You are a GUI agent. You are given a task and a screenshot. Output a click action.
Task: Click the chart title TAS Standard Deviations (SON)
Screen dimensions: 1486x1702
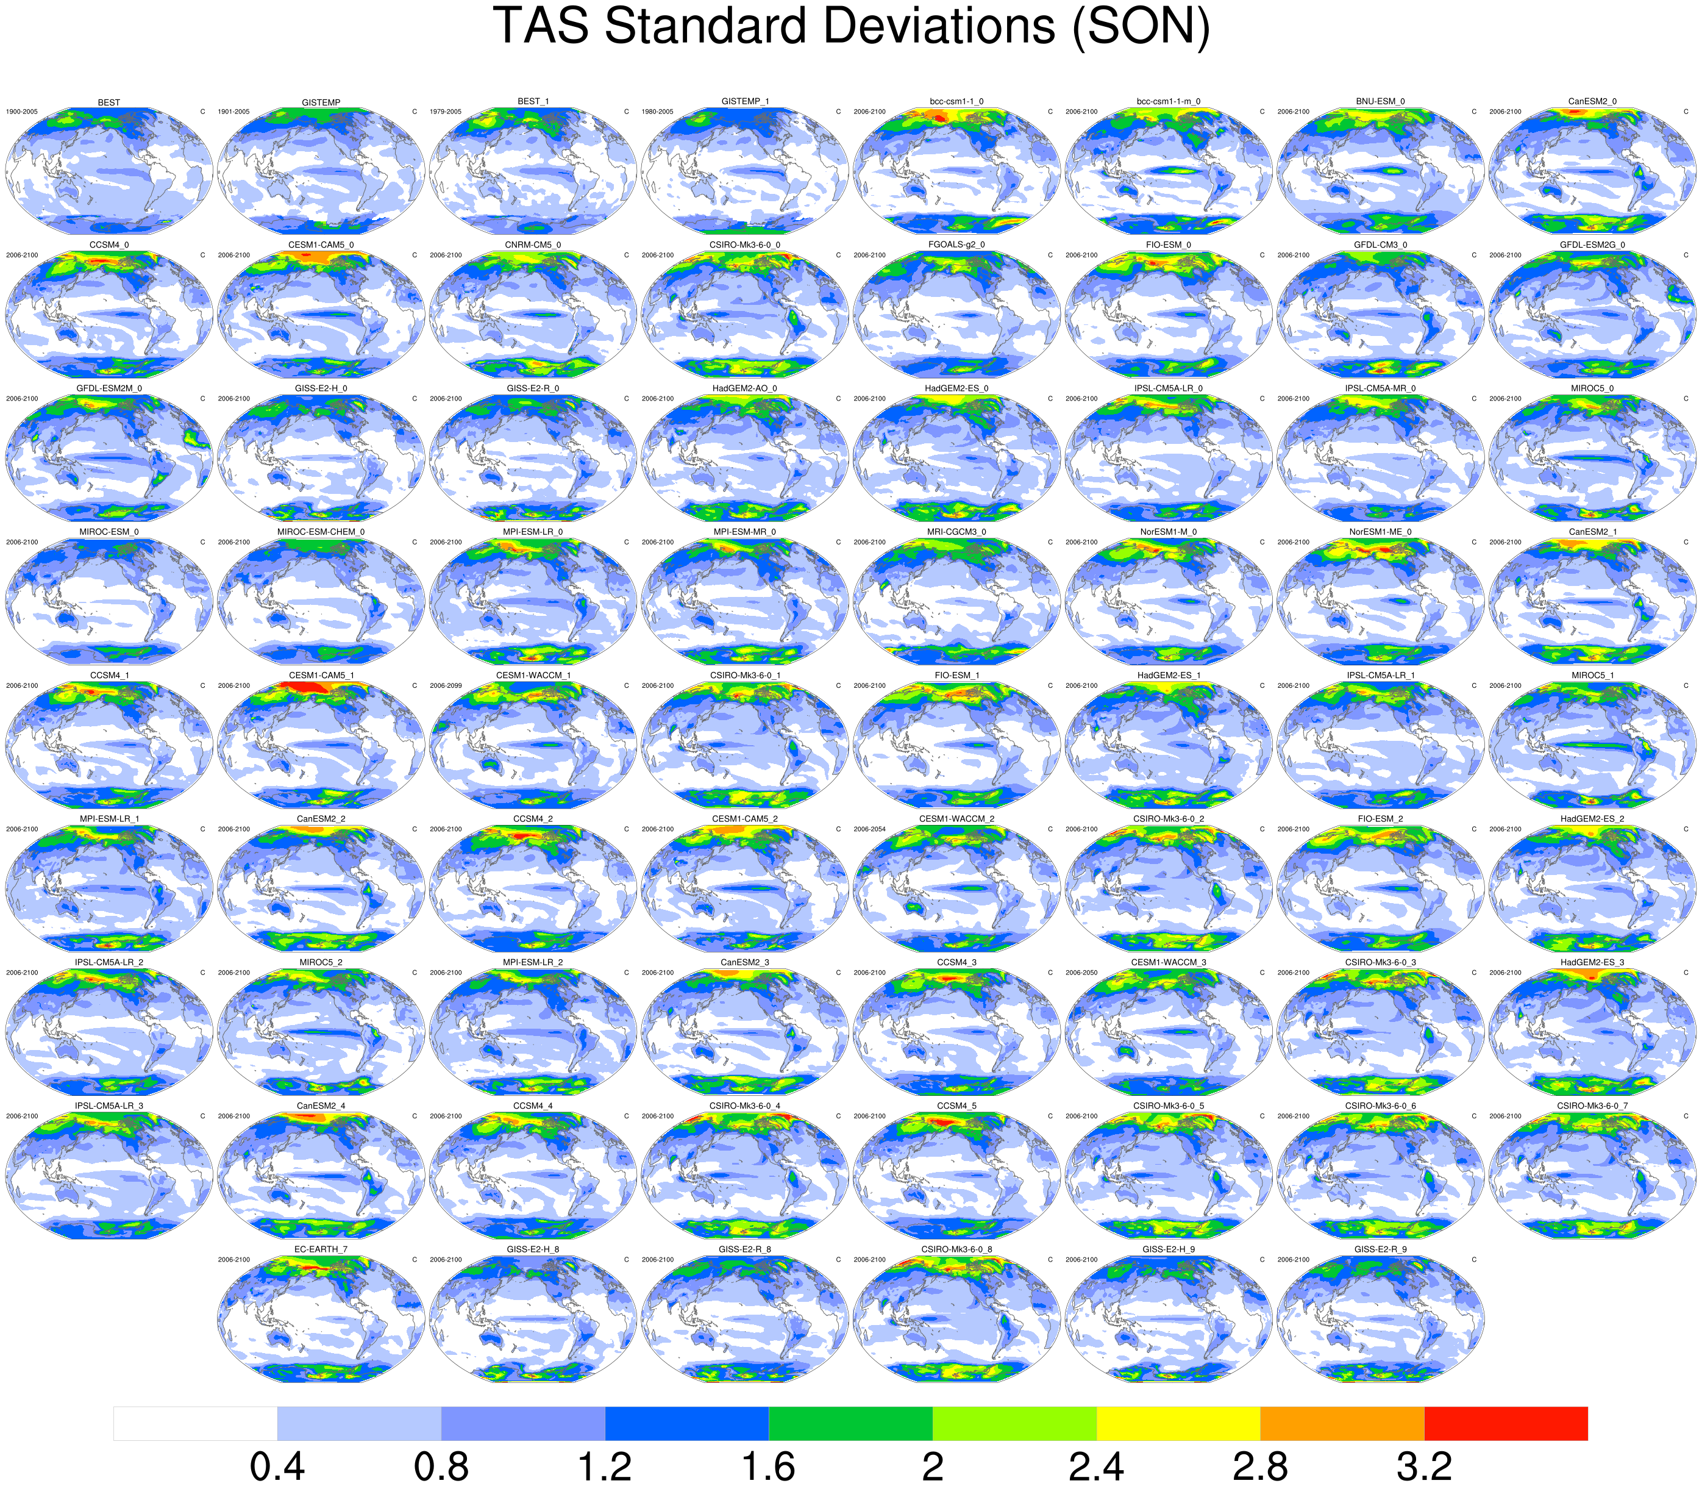coord(850,27)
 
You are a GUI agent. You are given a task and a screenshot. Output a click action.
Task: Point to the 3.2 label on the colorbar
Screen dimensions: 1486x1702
coord(1423,1465)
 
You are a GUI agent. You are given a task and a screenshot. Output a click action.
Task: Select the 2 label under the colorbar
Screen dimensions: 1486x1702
coord(933,1465)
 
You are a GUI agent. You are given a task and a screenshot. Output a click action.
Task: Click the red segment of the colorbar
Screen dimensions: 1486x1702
coord(1506,1423)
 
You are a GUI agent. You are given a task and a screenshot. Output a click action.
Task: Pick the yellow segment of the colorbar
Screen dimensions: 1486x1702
coord(1178,1423)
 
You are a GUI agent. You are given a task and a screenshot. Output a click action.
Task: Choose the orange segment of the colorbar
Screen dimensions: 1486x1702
coord(1342,1423)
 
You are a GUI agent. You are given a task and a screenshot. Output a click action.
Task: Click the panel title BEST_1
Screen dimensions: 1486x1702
coord(533,102)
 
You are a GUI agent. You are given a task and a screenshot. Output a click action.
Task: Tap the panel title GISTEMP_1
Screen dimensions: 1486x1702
coord(744,102)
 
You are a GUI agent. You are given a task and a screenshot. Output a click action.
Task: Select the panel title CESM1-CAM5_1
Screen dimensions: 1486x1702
coord(321,676)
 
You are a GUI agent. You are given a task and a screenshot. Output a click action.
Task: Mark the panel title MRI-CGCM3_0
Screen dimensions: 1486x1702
coord(956,532)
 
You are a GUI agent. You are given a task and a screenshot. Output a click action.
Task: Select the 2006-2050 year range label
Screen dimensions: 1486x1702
coord(1081,973)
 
